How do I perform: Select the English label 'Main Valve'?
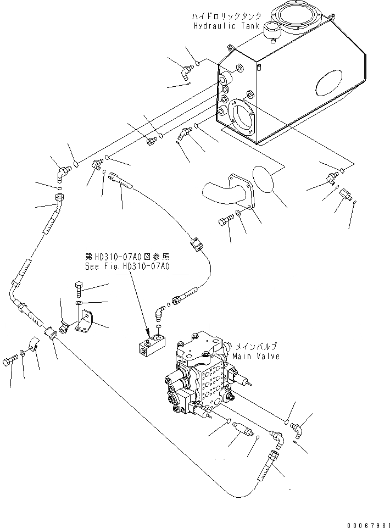[255, 356]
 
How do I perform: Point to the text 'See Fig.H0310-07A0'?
[127, 265]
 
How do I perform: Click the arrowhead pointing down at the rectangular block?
[147, 331]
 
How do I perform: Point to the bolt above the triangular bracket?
[78, 287]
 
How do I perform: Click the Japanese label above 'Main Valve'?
[256, 347]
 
